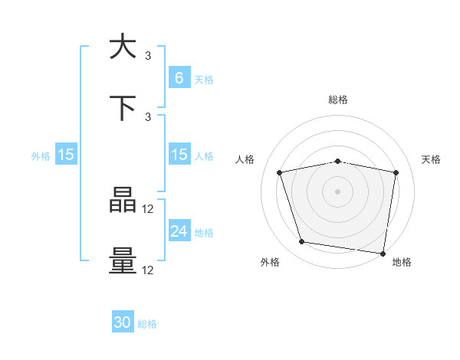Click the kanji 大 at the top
point(123,47)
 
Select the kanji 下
point(123,108)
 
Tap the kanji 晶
point(123,201)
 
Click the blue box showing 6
point(179,77)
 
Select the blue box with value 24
point(179,231)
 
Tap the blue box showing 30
point(123,322)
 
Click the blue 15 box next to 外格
point(66,155)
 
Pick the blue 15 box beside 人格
point(179,155)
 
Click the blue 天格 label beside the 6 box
point(204,79)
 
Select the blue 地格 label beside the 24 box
point(204,232)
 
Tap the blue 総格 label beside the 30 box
point(147,324)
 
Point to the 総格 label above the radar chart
point(338,100)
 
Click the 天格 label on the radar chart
point(432,159)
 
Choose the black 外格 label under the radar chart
point(270,262)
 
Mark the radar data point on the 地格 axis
point(383,253)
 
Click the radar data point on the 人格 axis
point(280,172)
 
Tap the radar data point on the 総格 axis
point(338,161)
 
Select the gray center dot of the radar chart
point(338,191)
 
